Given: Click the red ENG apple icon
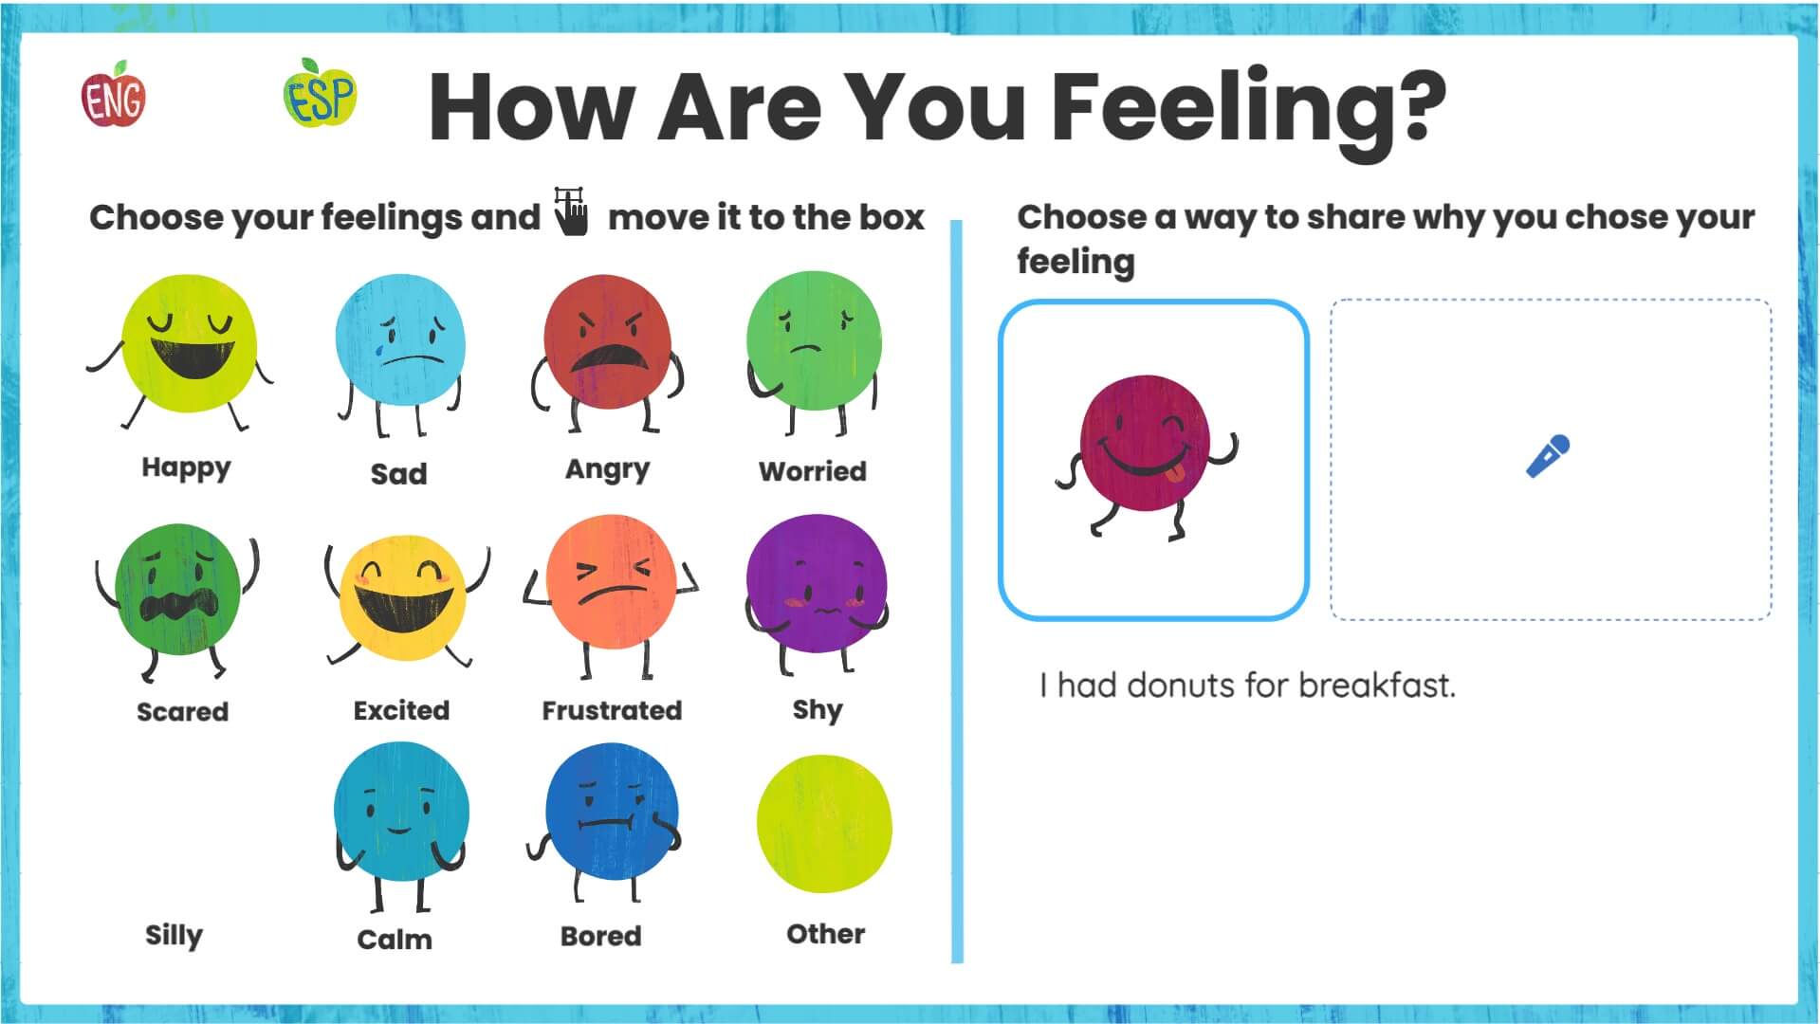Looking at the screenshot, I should [x=113, y=96].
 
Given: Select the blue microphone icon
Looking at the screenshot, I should [x=1548, y=456].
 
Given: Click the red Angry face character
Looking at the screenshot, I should [x=607, y=345].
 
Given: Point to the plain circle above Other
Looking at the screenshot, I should [x=823, y=824].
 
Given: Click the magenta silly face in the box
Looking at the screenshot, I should [x=1145, y=444].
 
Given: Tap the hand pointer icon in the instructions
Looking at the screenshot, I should [x=572, y=211].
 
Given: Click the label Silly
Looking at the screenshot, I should [x=174, y=935].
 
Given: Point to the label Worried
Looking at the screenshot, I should [x=812, y=471].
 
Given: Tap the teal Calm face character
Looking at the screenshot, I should [x=400, y=812].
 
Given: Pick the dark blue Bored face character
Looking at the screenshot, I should [x=611, y=812].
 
